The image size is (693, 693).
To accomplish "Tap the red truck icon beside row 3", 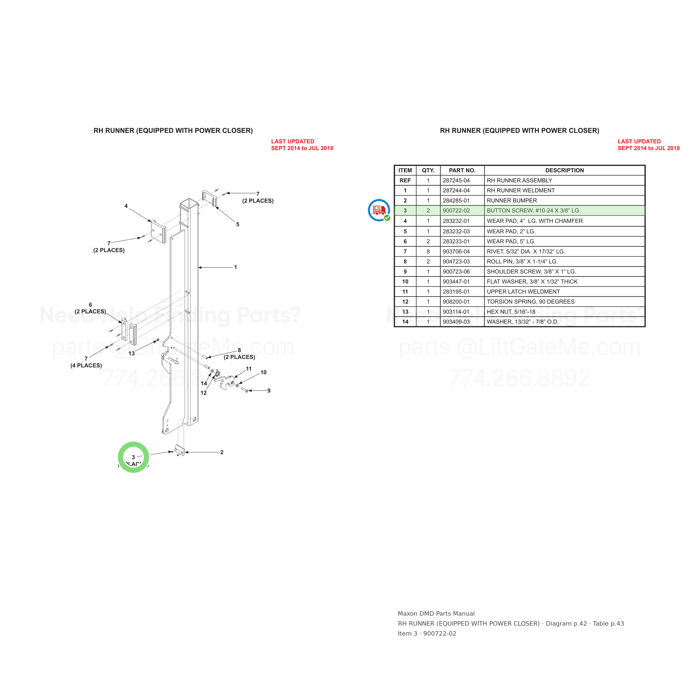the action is tap(379, 210).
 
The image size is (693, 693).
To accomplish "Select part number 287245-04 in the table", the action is tap(456, 180).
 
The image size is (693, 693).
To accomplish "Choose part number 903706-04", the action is tap(456, 251).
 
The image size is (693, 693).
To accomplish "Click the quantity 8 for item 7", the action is tap(428, 251).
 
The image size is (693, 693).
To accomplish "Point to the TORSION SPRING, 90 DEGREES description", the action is tap(531, 302).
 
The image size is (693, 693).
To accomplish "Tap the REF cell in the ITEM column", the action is tap(405, 180).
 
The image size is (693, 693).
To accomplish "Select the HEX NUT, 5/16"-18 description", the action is tap(511, 312).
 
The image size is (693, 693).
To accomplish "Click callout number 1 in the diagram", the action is tap(235, 267).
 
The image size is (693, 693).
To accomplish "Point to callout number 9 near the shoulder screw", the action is tap(269, 391).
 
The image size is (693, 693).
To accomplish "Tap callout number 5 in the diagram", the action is tap(238, 225).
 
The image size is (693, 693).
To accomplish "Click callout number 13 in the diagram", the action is tap(132, 354).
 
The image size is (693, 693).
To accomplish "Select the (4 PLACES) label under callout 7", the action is tap(86, 366).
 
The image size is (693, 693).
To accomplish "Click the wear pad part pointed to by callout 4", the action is tap(158, 231).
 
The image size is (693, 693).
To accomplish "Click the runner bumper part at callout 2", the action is tap(179, 450).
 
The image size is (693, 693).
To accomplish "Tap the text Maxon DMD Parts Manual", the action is tap(436, 614).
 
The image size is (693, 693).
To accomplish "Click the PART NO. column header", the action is tap(462, 170).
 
